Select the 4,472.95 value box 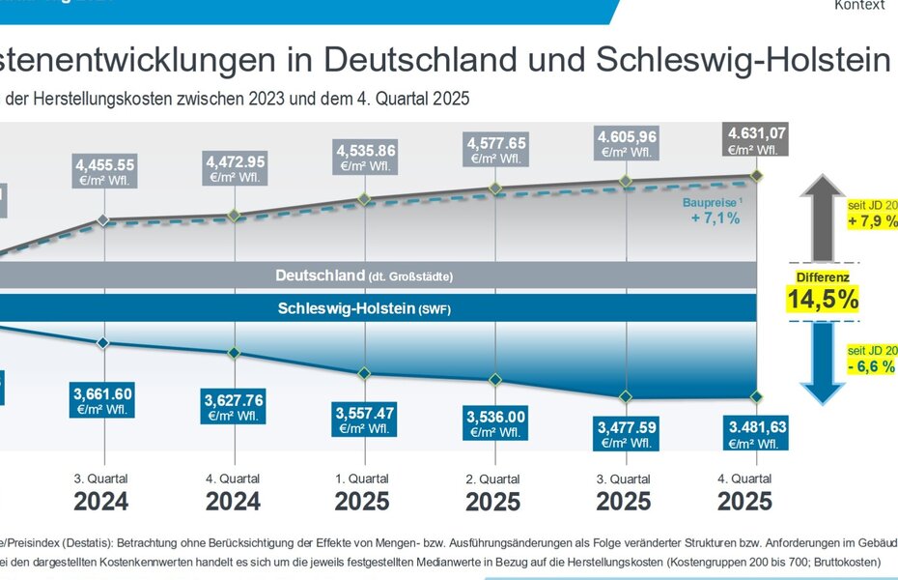point(233,167)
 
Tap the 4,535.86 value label point(365,157)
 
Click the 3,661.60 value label point(102,400)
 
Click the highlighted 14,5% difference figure point(823,300)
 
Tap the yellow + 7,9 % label point(871,215)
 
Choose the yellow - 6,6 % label point(871,360)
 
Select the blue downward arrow point(823,363)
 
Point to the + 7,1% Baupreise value point(715,218)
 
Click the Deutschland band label point(364,275)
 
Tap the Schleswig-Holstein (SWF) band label point(364,309)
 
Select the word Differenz point(823,276)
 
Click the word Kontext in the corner point(859,6)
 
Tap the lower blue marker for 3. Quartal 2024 point(103,342)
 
